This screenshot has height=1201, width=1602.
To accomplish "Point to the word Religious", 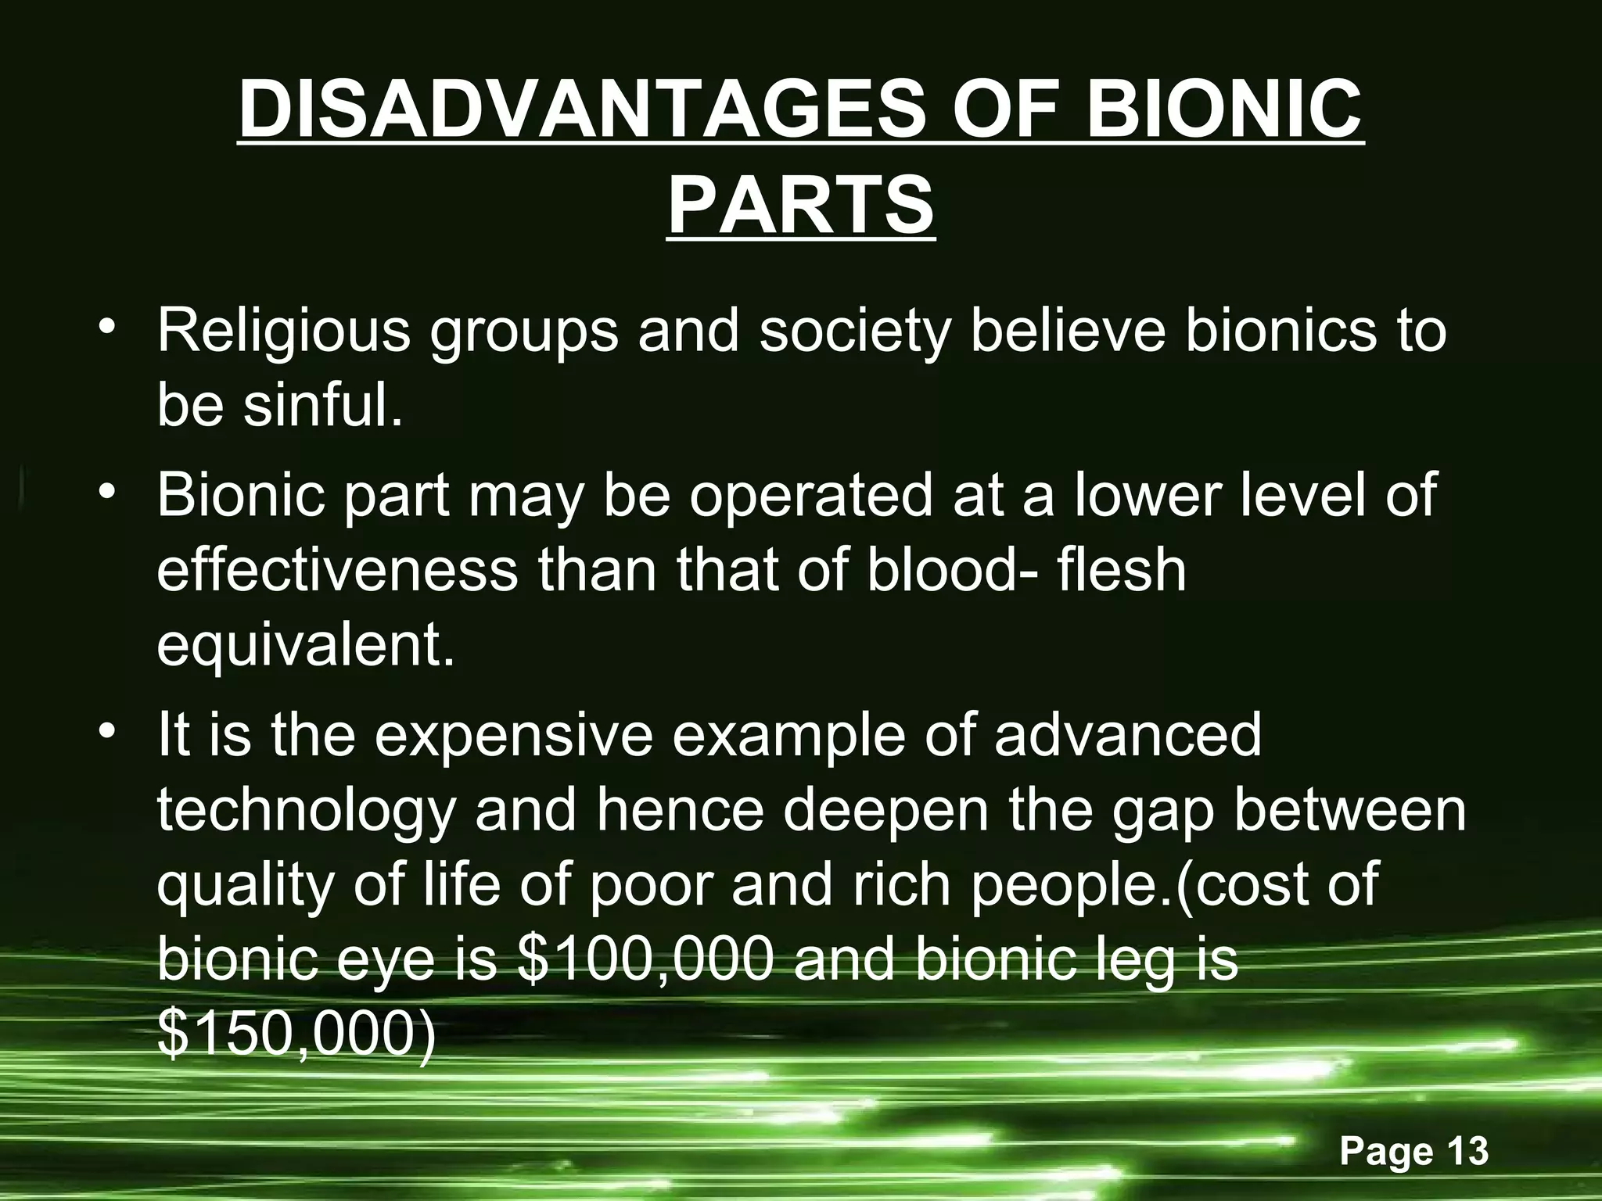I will (x=283, y=331).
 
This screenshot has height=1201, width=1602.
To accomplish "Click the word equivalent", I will (x=305, y=647).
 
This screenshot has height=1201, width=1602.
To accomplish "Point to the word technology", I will (x=305, y=811).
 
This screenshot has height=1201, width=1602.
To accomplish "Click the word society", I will (x=854, y=331).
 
